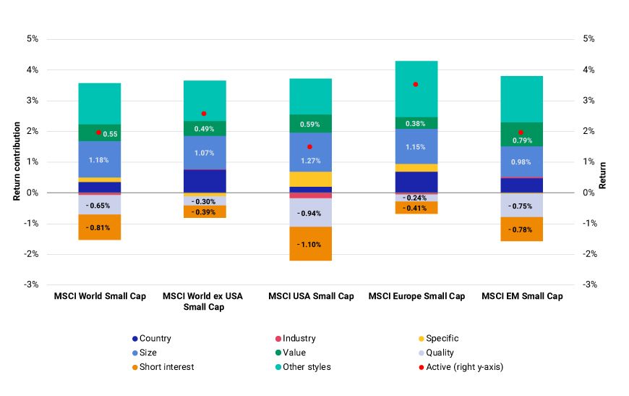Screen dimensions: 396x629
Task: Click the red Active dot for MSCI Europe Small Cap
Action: [415, 85]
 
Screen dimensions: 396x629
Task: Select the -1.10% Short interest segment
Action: [309, 244]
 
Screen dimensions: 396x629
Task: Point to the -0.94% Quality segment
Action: [309, 213]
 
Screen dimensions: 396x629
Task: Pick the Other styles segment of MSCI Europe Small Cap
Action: [415, 89]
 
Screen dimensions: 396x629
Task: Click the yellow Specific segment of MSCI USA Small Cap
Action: [309, 179]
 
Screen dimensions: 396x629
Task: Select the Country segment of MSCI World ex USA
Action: [204, 181]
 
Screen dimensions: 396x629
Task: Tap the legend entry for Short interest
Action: [166, 367]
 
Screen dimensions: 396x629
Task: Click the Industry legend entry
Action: [299, 338]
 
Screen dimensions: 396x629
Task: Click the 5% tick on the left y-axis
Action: [32, 39]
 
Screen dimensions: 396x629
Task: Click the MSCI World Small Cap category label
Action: [99, 296]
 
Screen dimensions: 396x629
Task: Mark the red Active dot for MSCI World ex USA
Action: [204, 114]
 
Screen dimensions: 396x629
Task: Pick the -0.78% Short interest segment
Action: [521, 229]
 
